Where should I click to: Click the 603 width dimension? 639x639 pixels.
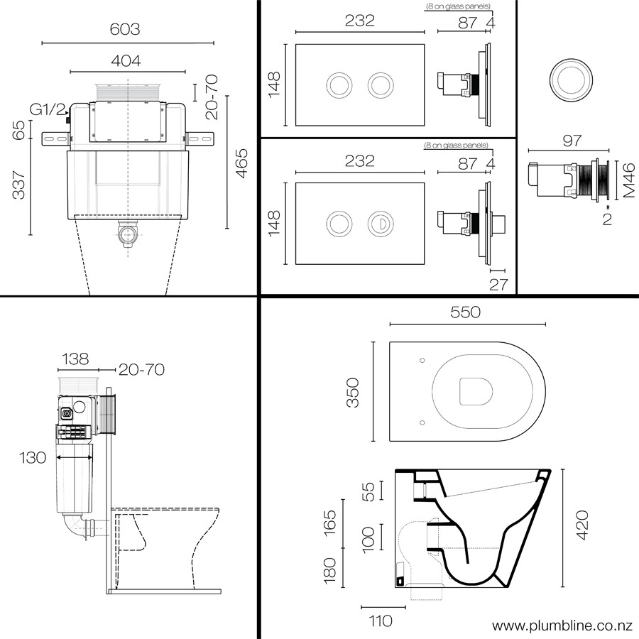pos(125,30)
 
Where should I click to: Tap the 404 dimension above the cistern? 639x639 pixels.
pos(125,60)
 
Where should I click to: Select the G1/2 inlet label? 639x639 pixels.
pos(48,109)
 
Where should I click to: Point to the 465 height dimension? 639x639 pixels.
pos(241,163)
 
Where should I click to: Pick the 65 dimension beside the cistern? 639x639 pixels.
pos(20,130)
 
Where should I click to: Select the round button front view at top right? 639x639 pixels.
pos(572,79)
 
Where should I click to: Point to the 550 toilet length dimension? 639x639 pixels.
pos(466,312)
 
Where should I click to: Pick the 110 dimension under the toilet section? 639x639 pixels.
pos(381,621)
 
